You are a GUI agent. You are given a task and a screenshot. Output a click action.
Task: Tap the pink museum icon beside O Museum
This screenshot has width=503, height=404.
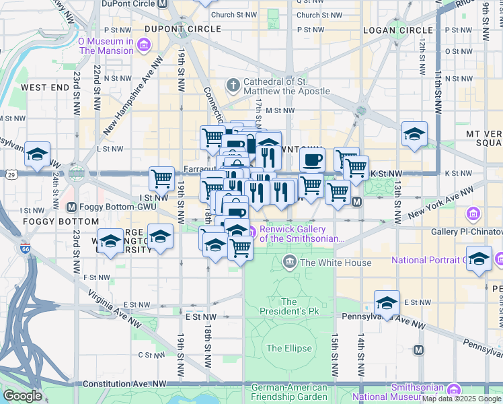click(143, 46)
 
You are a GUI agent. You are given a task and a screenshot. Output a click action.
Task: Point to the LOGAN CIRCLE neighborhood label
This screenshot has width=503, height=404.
click(397, 30)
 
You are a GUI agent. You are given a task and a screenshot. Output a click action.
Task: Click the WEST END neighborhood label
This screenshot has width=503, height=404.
click(44, 88)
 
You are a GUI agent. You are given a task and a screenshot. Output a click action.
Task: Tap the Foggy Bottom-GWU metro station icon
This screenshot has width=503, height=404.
click(72, 206)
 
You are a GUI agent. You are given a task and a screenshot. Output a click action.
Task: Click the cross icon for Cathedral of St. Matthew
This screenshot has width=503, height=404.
click(233, 85)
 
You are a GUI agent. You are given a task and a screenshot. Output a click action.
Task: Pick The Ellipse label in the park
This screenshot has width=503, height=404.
click(288, 348)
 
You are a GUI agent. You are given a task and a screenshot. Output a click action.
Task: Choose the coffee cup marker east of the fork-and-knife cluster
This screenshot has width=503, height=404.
click(312, 160)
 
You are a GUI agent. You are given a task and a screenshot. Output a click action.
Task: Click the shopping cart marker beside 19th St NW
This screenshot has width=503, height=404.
click(161, 178)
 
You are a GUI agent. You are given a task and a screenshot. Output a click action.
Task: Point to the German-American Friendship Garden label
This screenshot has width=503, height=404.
click(288, 392)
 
